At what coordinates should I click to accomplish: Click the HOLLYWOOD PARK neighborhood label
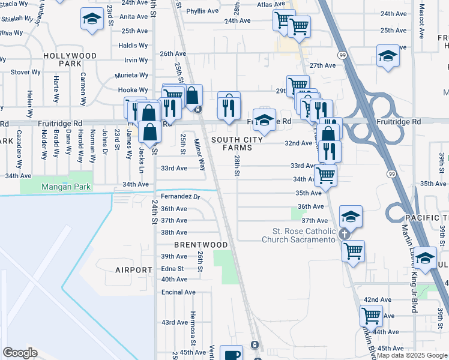pyautogui.click(x=70, y=59)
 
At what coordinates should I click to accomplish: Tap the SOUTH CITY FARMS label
pyautogui.click(x=237, y=143)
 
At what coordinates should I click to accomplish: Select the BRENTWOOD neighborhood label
pyautogui.click(x=201, y=245)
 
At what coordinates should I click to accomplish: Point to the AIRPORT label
pyautogui.click(x=134, y=271)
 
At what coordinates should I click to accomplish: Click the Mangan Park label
pyautogui.click(x=66, y=187)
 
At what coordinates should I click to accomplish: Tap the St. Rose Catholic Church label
pyautogui.click(x=303, y=235)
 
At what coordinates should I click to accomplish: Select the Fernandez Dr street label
pyautogui.click(x=180, y=196)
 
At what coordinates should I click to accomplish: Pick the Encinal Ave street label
pyautogui.click(x=178, y=292)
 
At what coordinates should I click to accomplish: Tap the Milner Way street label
pyautogui.click(x=199, y=155)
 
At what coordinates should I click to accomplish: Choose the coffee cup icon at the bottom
pyautogui.click(x=231, y=354)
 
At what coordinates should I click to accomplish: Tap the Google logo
pyautogui.click(x=20, y=353)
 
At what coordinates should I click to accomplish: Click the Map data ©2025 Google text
pyautogui.click(x=412, y=355)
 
